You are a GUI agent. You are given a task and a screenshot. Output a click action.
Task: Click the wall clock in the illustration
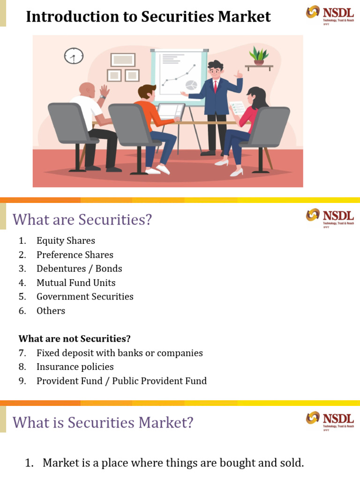point(74,56)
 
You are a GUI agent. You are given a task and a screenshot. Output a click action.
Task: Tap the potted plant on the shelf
point(259,55)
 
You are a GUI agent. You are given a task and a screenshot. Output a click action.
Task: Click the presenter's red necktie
point(215,86)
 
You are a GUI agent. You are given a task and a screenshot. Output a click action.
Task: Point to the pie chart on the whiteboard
point(191,85)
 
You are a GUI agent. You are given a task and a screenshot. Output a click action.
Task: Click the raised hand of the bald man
point(104,90)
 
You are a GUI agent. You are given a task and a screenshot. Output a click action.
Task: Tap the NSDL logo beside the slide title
point(328,14)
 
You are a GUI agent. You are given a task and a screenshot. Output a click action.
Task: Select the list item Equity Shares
point(66,240)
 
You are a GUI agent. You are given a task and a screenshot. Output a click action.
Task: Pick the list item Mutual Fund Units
point(76,283)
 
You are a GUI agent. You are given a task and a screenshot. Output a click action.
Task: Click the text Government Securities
point(85,297)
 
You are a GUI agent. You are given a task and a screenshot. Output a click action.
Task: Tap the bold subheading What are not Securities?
point(75,338)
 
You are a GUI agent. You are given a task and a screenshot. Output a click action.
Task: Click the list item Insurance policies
point(75,367)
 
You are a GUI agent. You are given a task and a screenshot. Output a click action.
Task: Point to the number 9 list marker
point(22,381)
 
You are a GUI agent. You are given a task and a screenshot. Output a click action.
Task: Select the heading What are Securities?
point(82,219)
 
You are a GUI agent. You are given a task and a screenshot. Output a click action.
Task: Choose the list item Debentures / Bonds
point(79,269)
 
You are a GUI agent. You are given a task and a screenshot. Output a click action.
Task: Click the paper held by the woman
point(238,108)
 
